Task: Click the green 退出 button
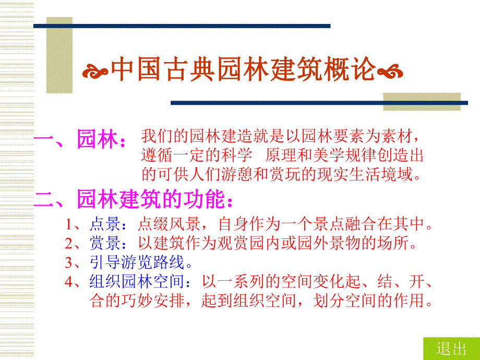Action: click(x=451, y=349)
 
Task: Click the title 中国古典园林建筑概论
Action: click(x=244, y=69)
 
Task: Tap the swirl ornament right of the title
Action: click(x=390, y=70)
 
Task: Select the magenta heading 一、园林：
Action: click(x=80, y=140)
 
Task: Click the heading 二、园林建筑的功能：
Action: click(x=133, y=199)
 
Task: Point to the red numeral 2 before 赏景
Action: click(x=69, y=243)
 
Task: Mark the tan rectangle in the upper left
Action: click(x=59, y=55)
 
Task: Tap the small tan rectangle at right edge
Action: click(x=422, y=101)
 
